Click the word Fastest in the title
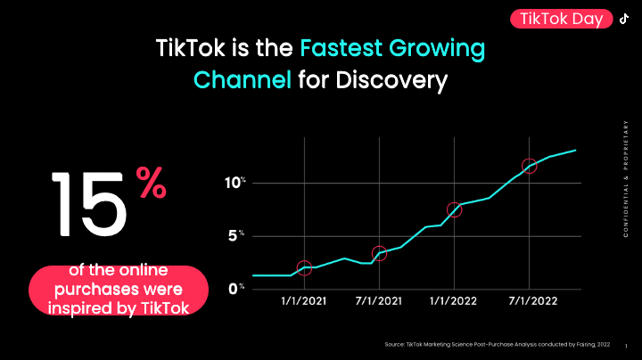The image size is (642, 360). pos(347,46)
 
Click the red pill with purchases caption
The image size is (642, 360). pos(119,290)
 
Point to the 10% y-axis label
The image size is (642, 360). pos(235,183)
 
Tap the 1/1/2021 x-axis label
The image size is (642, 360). pos(304,301)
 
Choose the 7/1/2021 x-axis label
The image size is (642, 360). pos(379,301)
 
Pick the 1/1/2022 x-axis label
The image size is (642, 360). pos(454,301)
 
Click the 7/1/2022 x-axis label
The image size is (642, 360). pos(529,301)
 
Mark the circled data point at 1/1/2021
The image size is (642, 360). pos(304,267)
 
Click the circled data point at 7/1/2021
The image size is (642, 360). pos(379,254)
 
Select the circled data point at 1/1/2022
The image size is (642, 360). pos(454,210)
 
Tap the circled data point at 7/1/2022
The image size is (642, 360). pos(529,166)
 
